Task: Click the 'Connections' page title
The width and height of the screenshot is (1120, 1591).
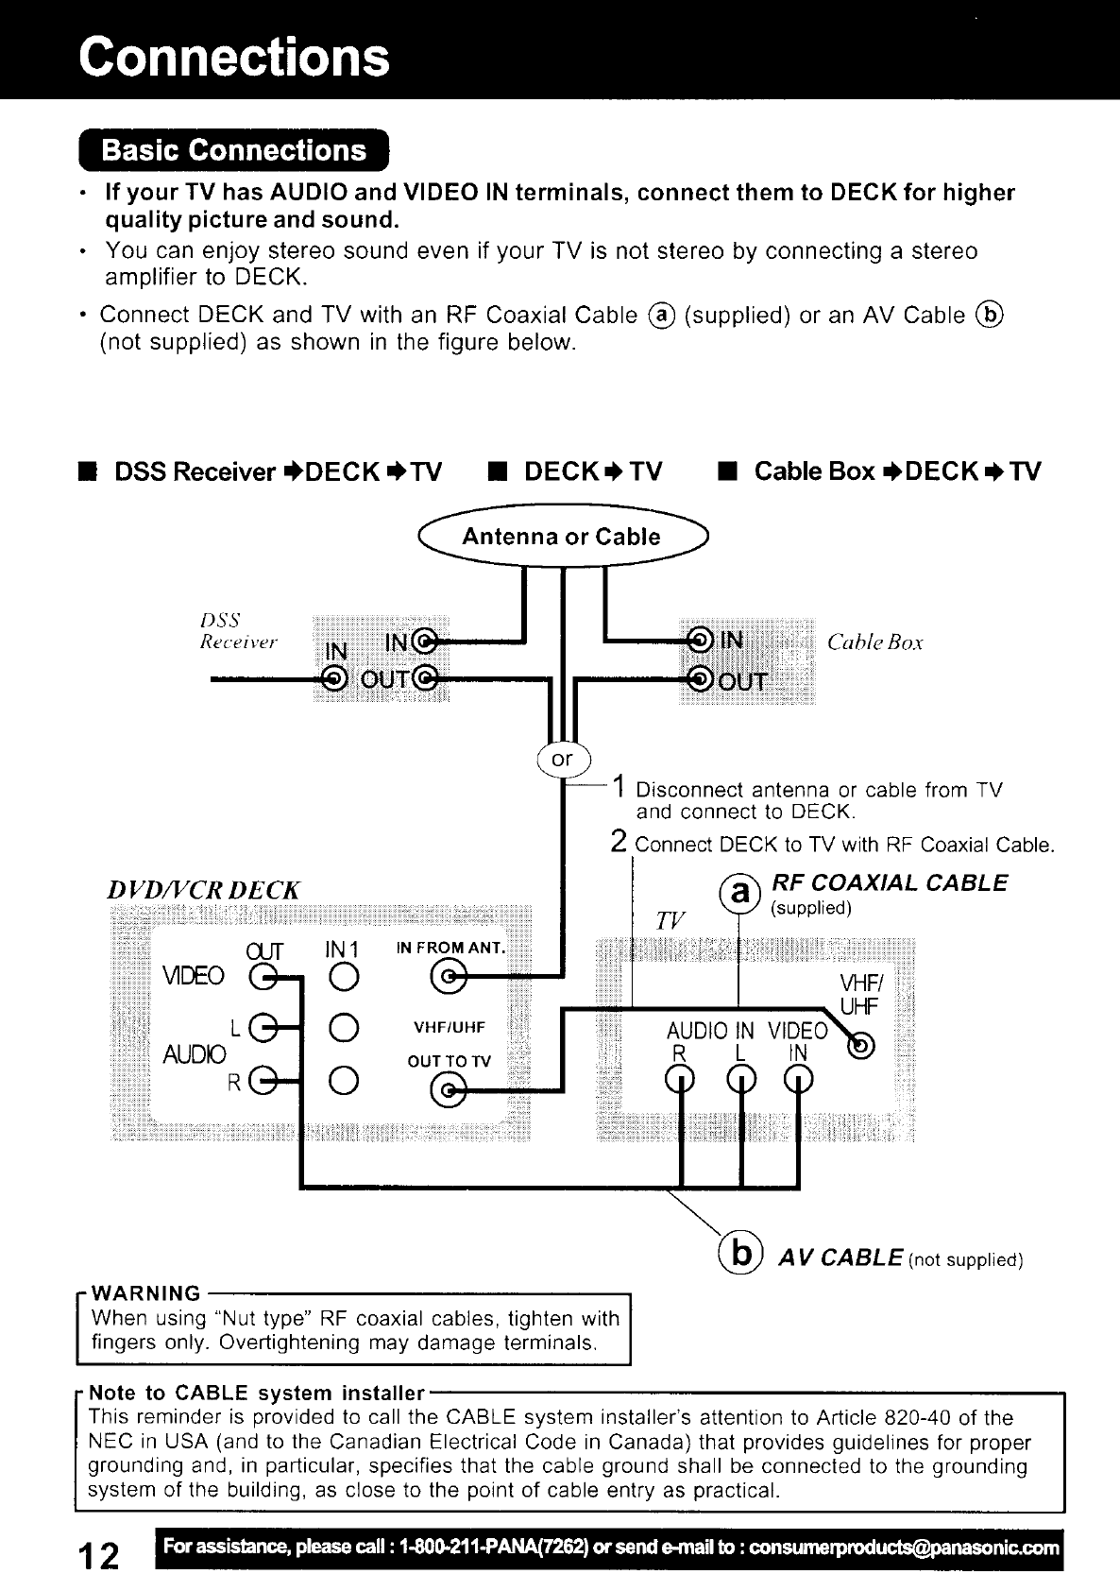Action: point(234,56)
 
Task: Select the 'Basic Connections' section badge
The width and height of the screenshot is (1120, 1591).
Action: point(233,151)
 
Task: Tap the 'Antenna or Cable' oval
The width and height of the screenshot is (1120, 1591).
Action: point(561,537)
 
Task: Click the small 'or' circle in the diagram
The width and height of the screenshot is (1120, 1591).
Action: point(562,759)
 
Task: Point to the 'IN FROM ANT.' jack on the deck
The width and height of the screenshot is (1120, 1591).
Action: point(449,974)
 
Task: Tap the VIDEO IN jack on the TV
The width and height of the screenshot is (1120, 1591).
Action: point(798,1076)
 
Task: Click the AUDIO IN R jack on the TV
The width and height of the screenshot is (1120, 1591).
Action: point(678,1076)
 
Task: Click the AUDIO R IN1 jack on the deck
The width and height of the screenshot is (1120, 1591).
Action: point(344,1078)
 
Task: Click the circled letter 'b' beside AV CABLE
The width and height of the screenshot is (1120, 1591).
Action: point(742,1254)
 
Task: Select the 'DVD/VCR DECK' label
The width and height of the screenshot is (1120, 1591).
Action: point(203,890)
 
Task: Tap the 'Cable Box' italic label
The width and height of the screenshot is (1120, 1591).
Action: point(874,643)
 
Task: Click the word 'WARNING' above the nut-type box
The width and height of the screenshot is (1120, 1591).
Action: point(146,1293)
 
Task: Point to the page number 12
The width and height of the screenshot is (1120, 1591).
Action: point(100,1554)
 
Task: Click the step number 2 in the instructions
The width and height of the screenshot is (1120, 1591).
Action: point(619,841)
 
